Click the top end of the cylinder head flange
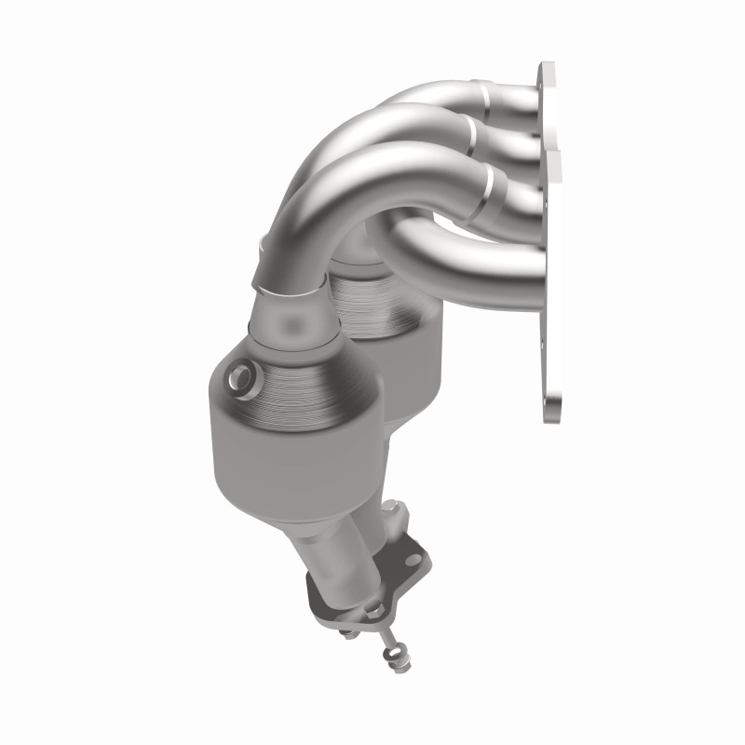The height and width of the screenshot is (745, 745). pyautogui.click(x=546, y=74)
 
